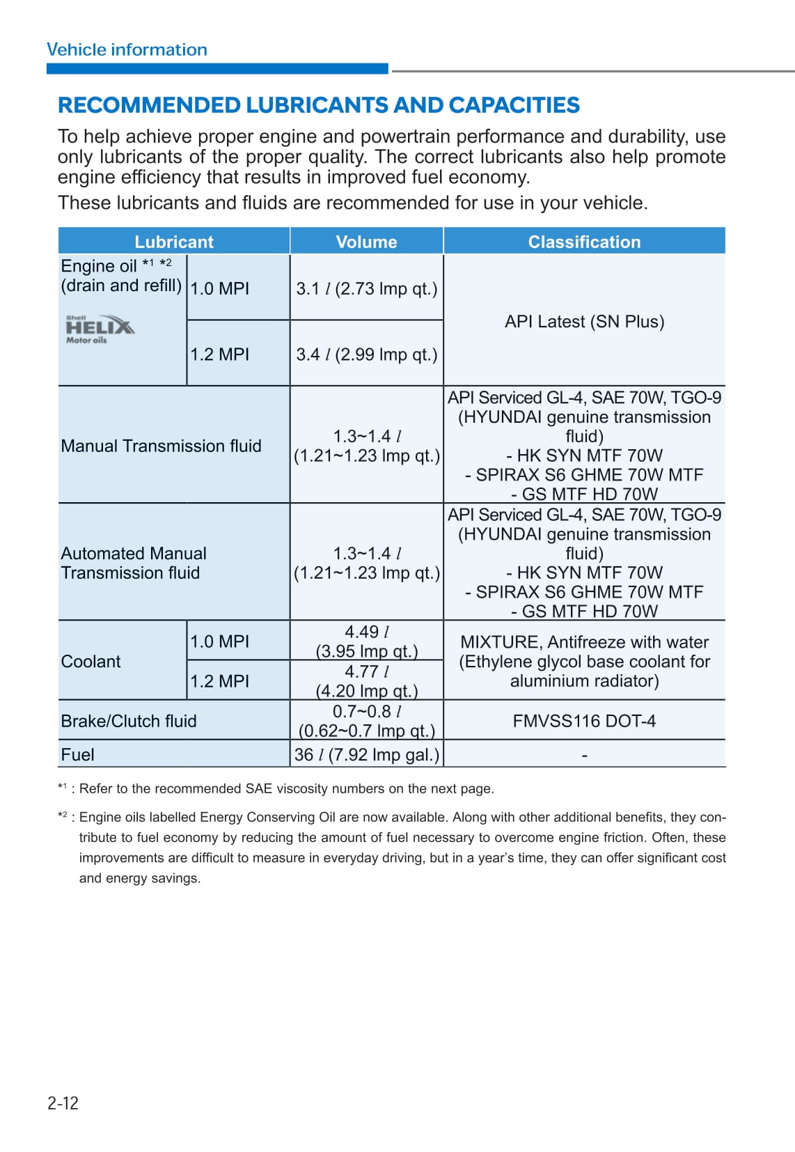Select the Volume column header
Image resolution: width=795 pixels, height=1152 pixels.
coord(366,242)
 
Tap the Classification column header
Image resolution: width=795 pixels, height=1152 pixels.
coord(584,242)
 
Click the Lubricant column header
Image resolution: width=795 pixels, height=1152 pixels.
coord(174,242)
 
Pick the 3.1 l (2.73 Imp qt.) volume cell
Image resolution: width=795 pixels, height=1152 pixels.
coord(367,288)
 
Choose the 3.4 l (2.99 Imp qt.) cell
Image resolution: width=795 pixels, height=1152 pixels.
coord(367,355)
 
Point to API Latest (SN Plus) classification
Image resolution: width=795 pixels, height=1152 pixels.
coord(584,322)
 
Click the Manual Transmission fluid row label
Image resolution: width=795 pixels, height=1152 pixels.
coord(161,446)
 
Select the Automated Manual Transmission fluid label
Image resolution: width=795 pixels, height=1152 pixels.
coord(134,563)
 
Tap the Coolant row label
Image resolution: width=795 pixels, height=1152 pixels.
coord(90,662)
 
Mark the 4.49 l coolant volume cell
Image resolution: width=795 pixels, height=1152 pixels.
coord(367,641)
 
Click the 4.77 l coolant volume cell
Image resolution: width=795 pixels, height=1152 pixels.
coord(367,681)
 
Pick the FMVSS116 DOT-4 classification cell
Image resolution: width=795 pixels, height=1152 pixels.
coord(584,721)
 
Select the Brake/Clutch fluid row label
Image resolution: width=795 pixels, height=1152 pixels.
coord(129,721)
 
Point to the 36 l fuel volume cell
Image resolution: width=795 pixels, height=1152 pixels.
coord(367,755)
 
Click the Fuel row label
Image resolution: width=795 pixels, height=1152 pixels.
coord(77,755)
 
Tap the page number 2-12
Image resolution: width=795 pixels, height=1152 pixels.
coord(63,1103)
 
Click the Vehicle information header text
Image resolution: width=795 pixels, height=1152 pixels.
coord(127,49)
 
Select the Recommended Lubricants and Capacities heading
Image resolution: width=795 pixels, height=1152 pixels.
coord(318,105)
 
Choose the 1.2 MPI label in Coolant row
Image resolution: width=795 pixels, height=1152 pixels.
coord(219,681)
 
